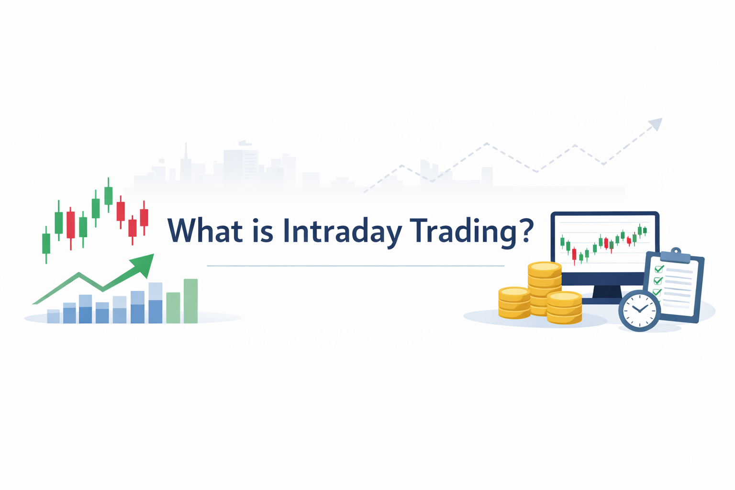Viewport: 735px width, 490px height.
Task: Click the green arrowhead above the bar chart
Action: pos(144,264)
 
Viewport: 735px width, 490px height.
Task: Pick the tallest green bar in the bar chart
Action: pos(190,301)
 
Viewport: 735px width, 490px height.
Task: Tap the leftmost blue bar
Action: pos(53,316)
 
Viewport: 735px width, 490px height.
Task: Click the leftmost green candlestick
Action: pos(46,244)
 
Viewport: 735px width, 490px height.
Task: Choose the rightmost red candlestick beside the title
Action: pos(144,217)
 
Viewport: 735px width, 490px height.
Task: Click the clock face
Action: pos(639,310)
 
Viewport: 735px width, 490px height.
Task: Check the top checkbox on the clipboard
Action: pos(659,269)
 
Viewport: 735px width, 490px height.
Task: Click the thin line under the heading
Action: pos(356,266)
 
